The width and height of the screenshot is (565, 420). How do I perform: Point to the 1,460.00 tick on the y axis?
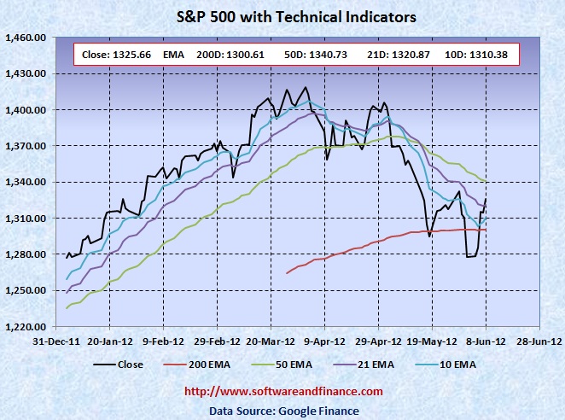25,38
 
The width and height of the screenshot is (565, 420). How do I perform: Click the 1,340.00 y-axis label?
25,182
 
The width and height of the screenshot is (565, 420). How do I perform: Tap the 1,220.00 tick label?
25,326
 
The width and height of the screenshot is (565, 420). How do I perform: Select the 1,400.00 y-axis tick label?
25,110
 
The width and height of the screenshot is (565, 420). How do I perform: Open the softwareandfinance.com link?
283,391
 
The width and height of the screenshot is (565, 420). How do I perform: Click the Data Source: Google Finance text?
283,411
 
